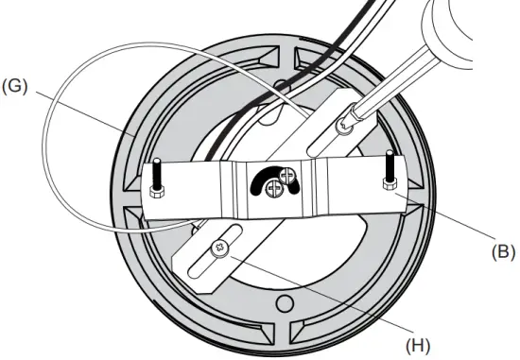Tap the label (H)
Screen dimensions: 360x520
point(417,345)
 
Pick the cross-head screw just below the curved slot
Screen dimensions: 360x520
point(274,190)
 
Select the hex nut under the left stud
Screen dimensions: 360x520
point(156,192)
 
